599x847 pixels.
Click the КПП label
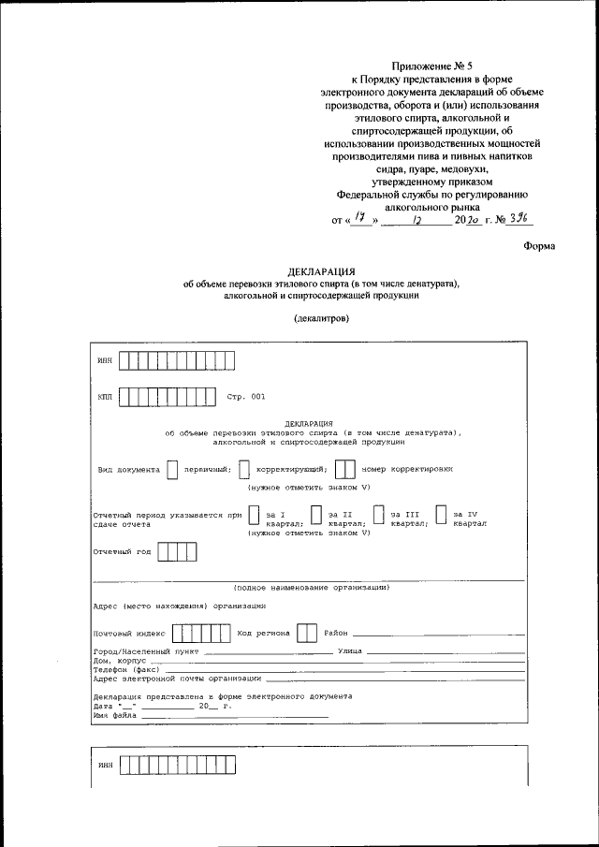click(104, 397)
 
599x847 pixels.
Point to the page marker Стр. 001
click(245, 397)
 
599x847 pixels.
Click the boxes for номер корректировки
click(344, 469)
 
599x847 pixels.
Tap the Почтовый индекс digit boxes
click(203, 634)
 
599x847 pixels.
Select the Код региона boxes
click(306, 634)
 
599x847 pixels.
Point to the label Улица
click(349, 650)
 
